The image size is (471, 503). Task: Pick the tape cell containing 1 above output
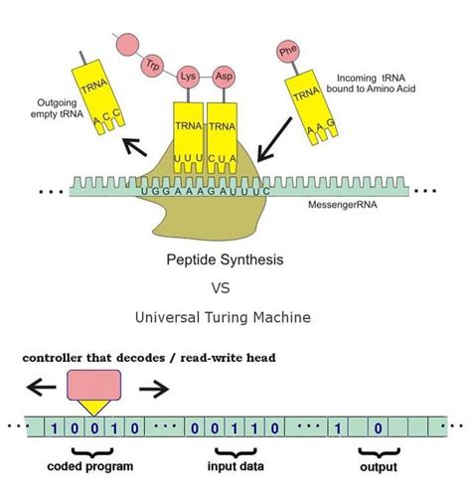[341, 428]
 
